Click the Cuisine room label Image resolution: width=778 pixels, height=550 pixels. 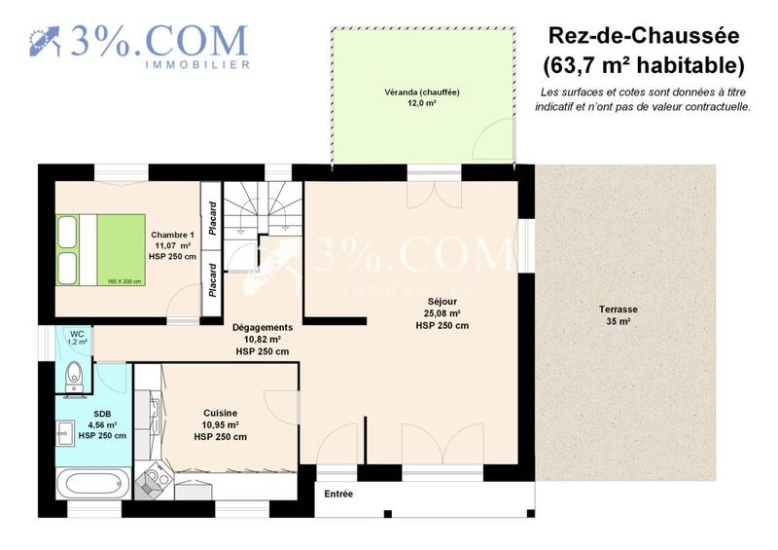point(220,424)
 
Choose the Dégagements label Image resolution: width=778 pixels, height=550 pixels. point(262,339)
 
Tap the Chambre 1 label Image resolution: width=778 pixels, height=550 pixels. point(173,245)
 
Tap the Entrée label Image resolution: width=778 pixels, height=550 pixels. point(338,495)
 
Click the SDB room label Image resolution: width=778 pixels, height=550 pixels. point(102,424)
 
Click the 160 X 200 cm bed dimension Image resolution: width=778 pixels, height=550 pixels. point(124,281)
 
